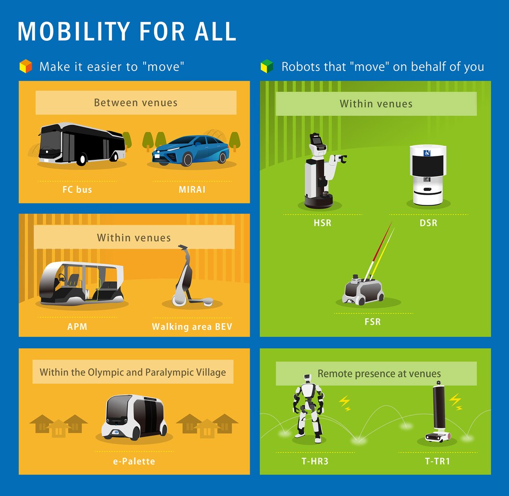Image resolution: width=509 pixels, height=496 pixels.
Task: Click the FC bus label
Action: [x=77, y=189]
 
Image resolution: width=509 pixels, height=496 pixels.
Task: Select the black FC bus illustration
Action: [x=82, y=144]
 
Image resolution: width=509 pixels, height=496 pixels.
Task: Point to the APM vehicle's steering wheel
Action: [x=61, y=278]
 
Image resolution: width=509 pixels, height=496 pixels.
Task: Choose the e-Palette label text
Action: [x=134, y=461]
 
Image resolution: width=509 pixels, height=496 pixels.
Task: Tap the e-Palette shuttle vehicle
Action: [x=134, y=417]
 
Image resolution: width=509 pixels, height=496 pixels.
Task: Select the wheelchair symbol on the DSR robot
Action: [x=427, y=153]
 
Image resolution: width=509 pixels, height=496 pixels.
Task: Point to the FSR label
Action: [x=373, y=321]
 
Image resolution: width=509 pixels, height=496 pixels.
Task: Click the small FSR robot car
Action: [x=363, y=290]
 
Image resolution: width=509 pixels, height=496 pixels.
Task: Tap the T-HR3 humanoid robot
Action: [x=308, y=409]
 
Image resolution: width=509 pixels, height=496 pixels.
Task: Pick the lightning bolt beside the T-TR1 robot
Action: [x=456, y=402]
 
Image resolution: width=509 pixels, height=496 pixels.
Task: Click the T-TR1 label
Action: [x=437, y=461]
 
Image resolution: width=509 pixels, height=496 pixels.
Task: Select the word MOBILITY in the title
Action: [x=74, y=32]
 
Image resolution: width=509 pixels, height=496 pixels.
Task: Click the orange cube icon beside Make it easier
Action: [x=25, y=66]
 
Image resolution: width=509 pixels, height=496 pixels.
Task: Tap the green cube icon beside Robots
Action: [x=267, y=66]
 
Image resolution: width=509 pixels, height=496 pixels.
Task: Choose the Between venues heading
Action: [x=136, y=103]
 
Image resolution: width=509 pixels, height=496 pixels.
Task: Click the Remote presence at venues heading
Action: [x=379, y=374]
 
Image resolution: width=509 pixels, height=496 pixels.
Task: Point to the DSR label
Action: [x=428, y=223]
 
